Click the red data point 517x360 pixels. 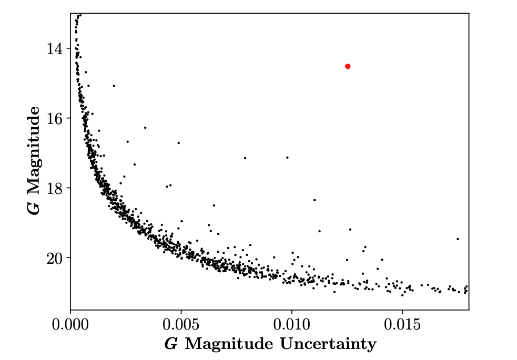[x=348, y=66]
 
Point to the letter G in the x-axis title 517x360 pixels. [x=170, y=344]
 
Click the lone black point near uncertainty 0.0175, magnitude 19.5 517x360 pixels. [x=458, y=239]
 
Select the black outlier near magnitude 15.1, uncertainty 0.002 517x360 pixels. [x=114, y=86]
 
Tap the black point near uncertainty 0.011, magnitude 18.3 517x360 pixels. [x=315, y=200]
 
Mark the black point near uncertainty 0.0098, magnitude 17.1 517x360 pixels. [x=287, y=157]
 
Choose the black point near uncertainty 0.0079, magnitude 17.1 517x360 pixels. [x=245, y=158]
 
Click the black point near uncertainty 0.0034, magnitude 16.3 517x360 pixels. [x=145, y=128]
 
